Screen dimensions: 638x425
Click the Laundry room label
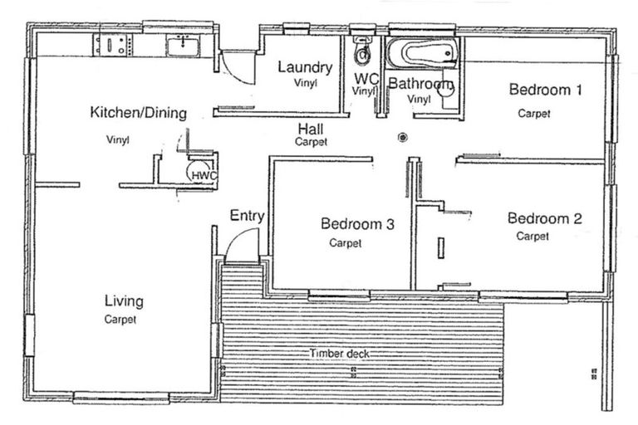tap(305, 67)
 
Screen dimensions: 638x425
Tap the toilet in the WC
tap(361, 51)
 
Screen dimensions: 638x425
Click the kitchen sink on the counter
tap(183, 46)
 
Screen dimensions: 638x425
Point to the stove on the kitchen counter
tap(113, 45)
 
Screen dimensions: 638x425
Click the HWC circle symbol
tap(199, 173)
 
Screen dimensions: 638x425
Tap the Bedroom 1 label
tap(546, 90)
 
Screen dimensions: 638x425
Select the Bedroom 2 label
tap(545, 218)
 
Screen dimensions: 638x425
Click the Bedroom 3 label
tap(358, 223)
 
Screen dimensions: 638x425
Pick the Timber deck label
tap(339, 354)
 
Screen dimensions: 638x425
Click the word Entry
tap(247, 216)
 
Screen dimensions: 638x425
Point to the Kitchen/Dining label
tap(139, 112)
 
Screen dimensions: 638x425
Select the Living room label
tap(124, 301)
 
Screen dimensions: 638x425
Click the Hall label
tap(311, 129)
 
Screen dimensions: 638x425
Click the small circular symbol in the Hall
tap(403, 138)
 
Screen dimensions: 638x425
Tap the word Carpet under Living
tap(120, 320)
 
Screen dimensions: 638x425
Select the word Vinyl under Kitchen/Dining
tap(118, 140)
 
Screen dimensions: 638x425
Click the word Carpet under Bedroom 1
tap(534, 114)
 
